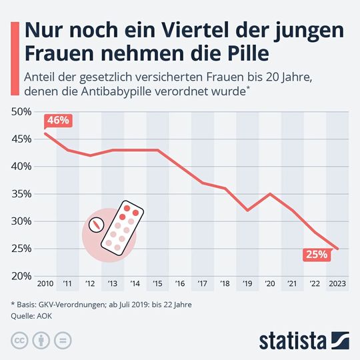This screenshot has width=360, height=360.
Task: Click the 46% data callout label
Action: (58, 121)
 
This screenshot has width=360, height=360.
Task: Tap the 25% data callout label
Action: (315, 254)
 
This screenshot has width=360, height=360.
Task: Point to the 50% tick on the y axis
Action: (22, 112)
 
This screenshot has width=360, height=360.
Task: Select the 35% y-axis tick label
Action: (22, 194)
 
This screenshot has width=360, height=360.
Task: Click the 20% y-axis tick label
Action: (22, 275)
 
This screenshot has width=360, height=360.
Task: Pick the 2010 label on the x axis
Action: (45, 285)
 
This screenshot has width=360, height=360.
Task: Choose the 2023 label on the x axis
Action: (338, 285)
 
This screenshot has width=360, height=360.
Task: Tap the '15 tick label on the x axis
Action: (157, 285)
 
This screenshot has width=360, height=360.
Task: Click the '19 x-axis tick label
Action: (247, 285)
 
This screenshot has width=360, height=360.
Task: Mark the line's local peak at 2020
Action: (270, 194)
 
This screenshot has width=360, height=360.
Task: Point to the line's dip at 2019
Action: (247, 210)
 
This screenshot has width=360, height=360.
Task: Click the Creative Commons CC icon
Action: (20, 339)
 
